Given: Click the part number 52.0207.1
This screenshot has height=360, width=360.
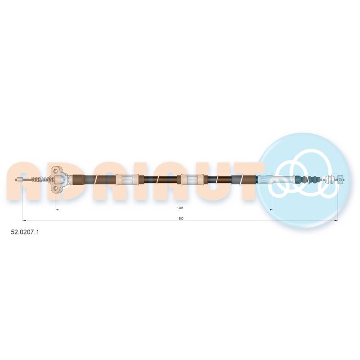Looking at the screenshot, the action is tap(25, 232).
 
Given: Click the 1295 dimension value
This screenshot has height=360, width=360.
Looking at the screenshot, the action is tap(180, 208).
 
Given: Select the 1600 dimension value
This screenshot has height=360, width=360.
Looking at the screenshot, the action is tap(180, 219).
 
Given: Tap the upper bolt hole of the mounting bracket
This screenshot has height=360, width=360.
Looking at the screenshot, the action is tap(55, 171).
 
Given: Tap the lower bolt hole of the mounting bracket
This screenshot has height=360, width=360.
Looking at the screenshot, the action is tap(55, 189).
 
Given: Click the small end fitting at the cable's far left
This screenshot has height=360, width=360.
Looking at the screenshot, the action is tap(19, 180).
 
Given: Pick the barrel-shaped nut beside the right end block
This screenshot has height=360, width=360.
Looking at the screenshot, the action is tap(331, 179).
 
